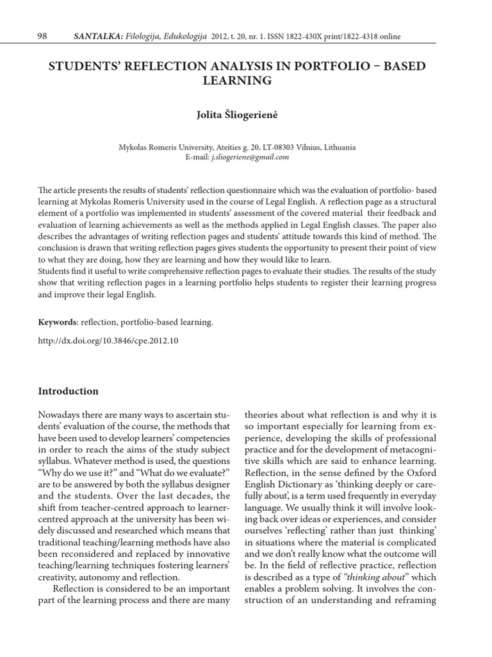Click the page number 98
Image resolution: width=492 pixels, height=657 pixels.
tap(43, 37)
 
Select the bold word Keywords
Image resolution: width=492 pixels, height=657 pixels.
tap(58, 322)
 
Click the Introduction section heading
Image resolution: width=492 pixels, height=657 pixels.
tap(69, 391)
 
